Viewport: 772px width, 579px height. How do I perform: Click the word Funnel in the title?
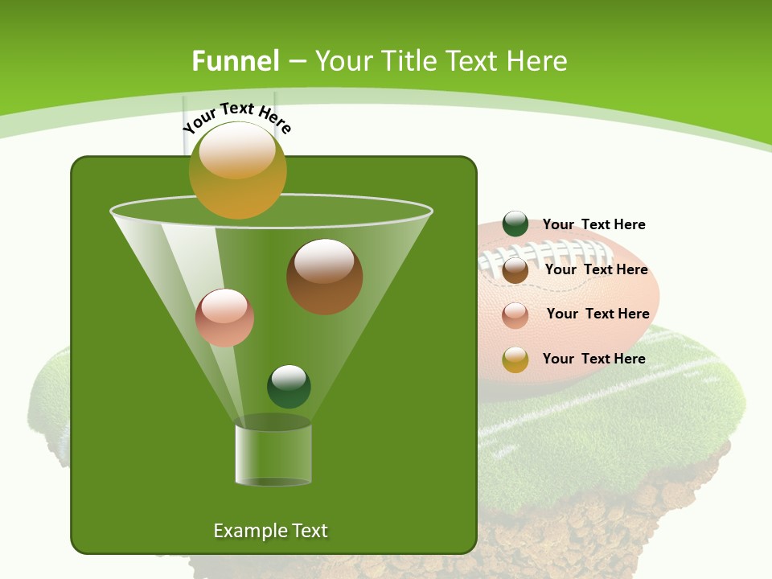point(235,61)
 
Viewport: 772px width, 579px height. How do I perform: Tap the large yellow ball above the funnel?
point(238,170)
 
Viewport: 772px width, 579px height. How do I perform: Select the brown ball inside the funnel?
point(324,277)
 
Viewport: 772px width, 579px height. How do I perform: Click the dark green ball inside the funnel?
point(289,386)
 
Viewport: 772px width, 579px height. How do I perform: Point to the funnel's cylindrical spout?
point(273,454)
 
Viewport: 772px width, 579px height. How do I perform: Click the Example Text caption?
point(270,531)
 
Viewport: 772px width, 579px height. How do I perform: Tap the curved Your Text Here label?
point(237,117)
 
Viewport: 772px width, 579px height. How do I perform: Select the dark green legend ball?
point(515,224)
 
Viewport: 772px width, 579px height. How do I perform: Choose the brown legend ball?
point(515,270)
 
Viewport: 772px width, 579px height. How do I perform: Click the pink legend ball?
point(515,315)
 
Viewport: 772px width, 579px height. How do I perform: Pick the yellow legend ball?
point(515,359)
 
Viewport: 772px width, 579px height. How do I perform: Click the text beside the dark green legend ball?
point(593,224)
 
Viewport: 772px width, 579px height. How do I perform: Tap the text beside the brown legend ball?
point(596,269)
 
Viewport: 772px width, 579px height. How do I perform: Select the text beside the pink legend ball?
point(597,314)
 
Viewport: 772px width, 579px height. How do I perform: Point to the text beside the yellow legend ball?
point(593,359)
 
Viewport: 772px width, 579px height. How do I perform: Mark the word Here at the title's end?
point(538,61)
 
